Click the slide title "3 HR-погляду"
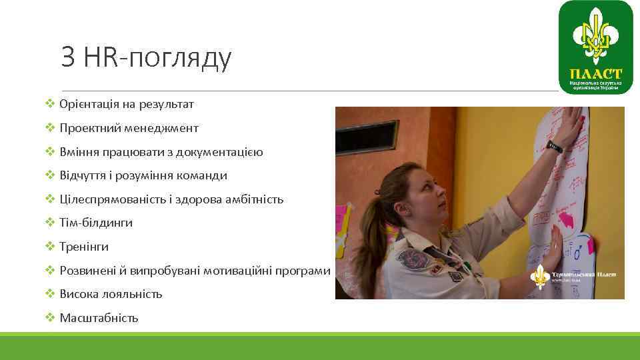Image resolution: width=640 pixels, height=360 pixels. coord(146,58)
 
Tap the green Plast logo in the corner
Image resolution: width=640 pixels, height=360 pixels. coord(595,47)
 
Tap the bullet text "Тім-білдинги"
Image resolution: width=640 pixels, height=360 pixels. coord(96,223)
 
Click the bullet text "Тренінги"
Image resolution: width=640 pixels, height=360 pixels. coord(84,247)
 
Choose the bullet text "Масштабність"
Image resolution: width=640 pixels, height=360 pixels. coord(99,318)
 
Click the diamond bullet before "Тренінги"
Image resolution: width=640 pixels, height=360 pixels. coord(50,247)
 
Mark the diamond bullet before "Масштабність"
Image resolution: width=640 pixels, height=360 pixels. coord(50,318)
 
